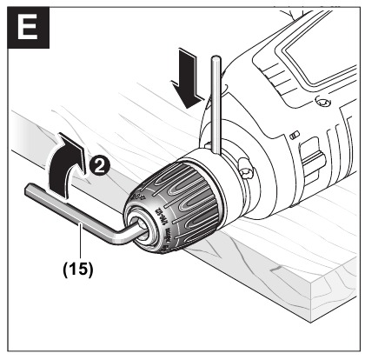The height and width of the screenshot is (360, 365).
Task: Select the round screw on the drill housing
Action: click(x=323, y=129)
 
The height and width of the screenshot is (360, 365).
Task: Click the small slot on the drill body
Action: click(x=295, y=135)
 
